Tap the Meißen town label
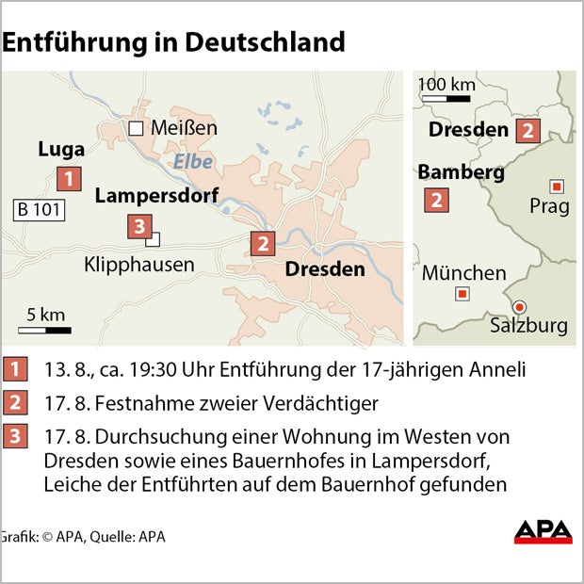coord(185,127)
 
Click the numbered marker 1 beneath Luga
coord(68,178)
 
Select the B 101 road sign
coord(39,210)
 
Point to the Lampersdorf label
coord(156,196)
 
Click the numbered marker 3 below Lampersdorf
coord(139,226)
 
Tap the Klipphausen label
coord(139,265)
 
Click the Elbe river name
coord(192,161)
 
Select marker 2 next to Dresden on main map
coord(263,244)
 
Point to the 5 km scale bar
coord(45,331)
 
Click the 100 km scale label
coord(446,85)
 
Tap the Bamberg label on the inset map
coord(461,172)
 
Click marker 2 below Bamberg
coord(436,200)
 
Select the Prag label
coord(549,206)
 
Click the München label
coord(463,273)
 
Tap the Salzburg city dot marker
coord(518,305)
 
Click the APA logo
coord(543,532)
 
